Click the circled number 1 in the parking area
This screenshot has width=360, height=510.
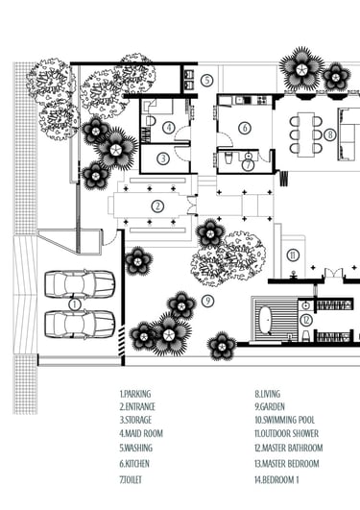coord(75,304)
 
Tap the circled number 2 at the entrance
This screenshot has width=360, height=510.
coord(157,206)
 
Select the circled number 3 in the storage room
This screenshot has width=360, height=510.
coord(163,158)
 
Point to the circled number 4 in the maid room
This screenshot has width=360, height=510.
coord(169,128)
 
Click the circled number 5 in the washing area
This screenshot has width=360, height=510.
coord(206,80)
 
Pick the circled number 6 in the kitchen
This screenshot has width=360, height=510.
coord(245,128)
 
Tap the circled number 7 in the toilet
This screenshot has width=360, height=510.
coord(248,165)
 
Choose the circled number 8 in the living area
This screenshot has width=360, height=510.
coord(329,134)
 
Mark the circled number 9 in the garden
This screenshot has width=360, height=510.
coord(207,301)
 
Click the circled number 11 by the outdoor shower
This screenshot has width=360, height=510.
coord(293,255)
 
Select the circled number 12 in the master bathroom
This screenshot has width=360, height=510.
coord(305,321)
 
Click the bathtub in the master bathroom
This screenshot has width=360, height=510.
coord(265,320)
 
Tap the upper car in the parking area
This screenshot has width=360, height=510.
coord(80,284)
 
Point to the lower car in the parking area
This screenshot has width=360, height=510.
coord(80,324)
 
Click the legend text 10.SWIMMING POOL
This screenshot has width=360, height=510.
coord(284,420)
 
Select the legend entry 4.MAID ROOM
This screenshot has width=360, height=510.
coord(141,433)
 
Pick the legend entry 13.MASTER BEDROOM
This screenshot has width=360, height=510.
coord(287,463)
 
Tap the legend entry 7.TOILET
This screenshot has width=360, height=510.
coord(131,480)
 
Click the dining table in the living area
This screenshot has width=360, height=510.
coord(306,134)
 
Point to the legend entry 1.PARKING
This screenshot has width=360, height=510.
coord(135,394)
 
